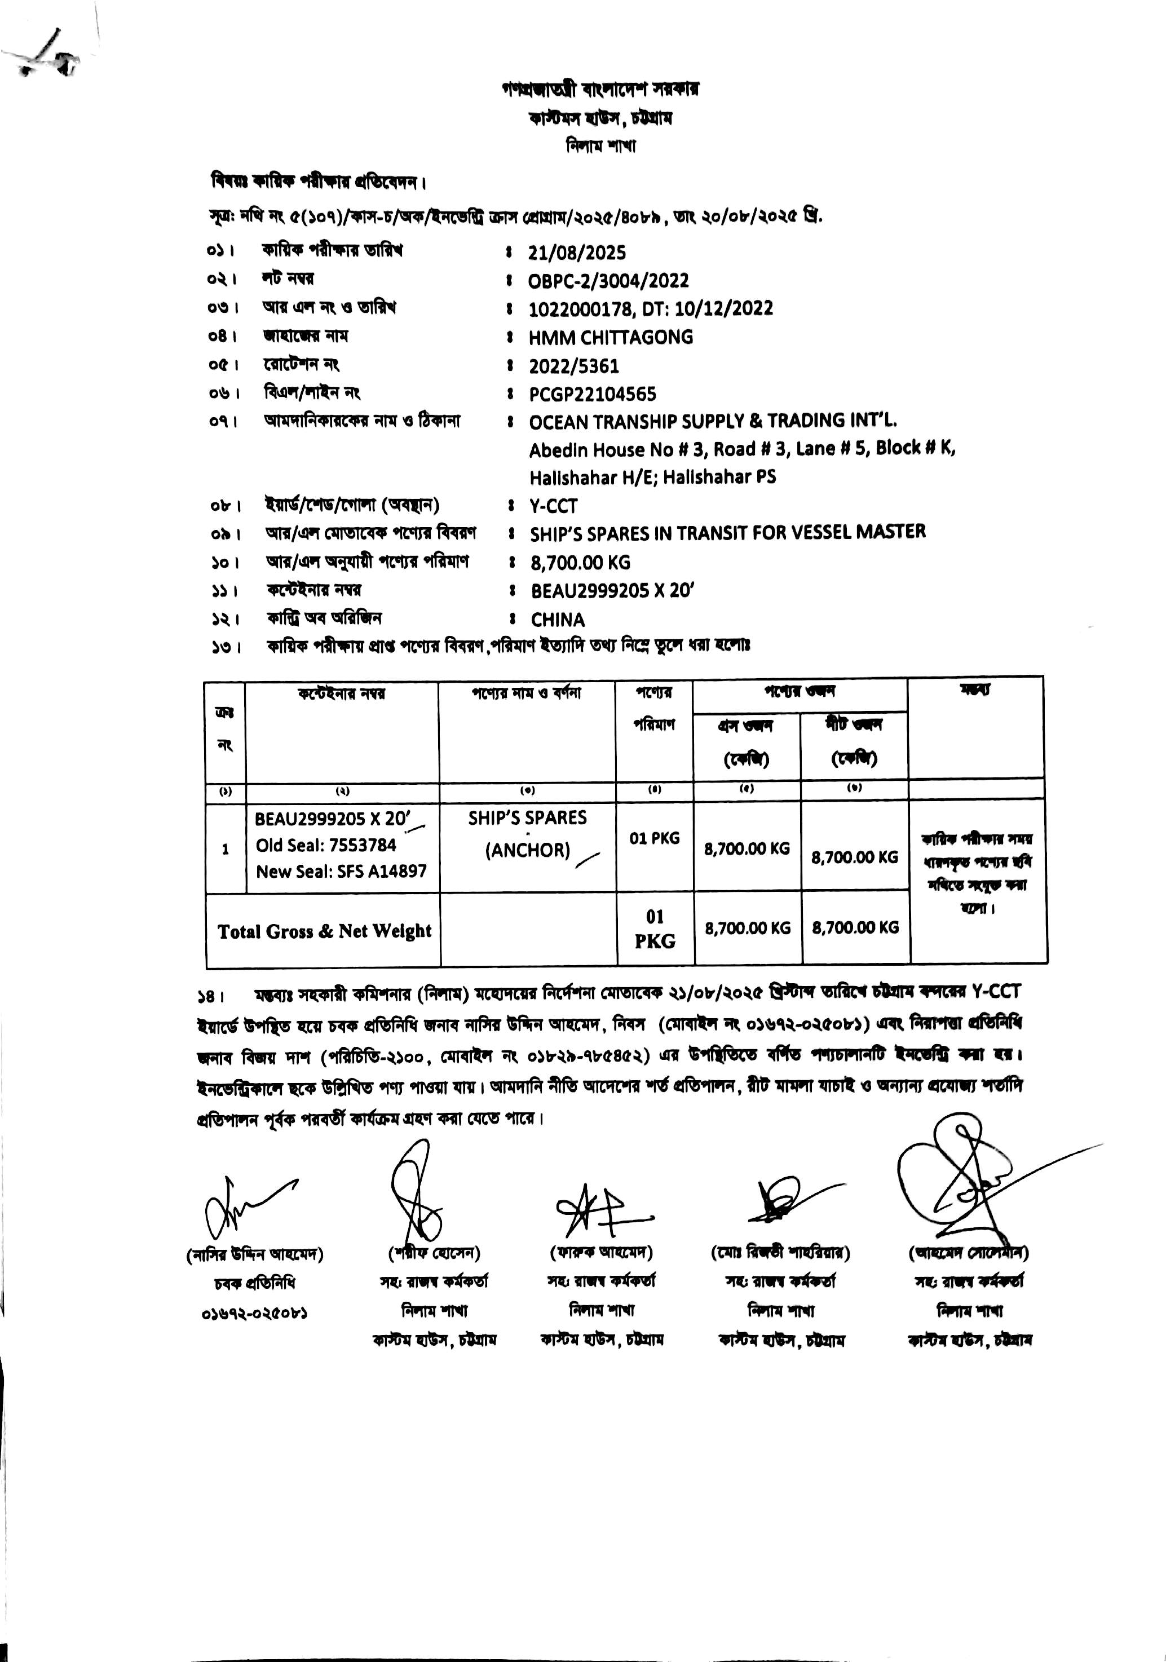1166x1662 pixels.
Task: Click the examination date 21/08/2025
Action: click(576, 253)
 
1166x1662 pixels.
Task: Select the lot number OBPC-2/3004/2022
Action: click(608, 281)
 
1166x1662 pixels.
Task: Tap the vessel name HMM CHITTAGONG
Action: click(611, 337)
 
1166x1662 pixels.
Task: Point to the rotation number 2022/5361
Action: click(574, 366)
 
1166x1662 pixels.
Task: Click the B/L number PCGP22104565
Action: click(592, 395)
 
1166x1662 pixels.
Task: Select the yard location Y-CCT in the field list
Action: click(553, 506)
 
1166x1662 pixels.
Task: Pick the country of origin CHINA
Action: click(557, 620)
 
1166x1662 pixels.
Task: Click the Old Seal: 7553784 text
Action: click(326, 846)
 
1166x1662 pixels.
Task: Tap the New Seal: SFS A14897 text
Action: click(341, 872)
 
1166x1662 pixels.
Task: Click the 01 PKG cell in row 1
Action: click(654, 838)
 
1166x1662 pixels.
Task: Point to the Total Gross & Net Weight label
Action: click(324, 931)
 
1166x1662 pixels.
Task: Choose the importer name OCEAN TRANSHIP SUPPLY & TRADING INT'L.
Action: click(712, 421)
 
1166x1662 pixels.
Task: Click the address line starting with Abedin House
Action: click(742, 449)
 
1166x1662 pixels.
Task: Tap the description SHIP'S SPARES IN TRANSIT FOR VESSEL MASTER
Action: click(727, 533)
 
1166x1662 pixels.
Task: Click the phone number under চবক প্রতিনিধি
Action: click(254, 1313)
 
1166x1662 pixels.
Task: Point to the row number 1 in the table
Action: click(225, 849)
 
